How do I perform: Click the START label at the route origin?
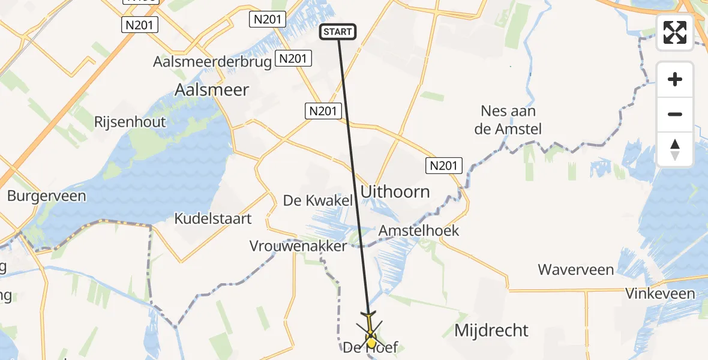point(339,32)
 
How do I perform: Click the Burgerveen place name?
point(46,196)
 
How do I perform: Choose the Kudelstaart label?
point(213,218)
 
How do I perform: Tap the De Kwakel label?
point(318,200)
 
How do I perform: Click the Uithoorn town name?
point(395,192)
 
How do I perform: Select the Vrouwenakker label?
point(298,246)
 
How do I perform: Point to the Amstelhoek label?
point(419,230)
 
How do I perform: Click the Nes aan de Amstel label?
point(508,120)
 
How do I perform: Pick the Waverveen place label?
point(575,269)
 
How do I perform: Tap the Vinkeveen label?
point(660,293)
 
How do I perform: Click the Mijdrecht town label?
point(491,330)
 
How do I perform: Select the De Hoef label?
point(370,347)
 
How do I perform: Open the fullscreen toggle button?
point(675,32)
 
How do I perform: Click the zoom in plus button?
point(675,79)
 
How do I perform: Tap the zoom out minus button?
point(675,114)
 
